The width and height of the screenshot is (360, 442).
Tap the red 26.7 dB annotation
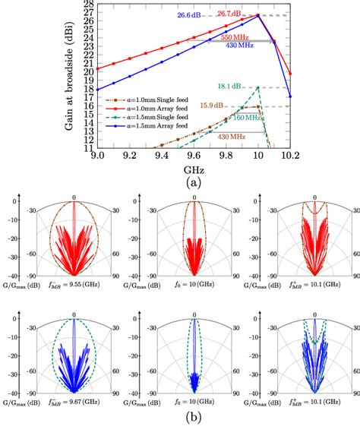pos(229,13)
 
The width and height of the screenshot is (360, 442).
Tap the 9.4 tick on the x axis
pos(161,155)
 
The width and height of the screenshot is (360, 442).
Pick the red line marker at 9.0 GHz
pos(96,68)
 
